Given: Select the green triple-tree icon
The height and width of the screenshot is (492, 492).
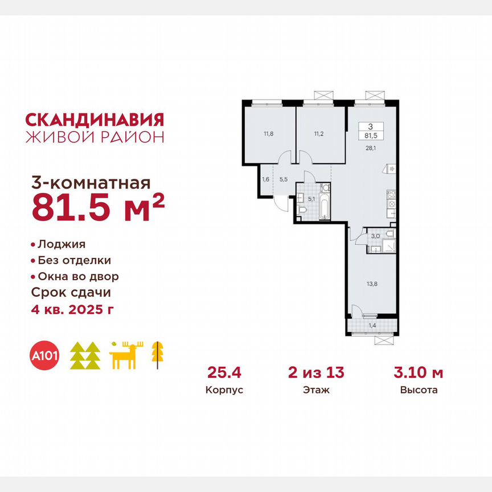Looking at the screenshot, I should click(x=85, y=356).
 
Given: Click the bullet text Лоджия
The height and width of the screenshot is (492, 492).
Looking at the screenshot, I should click(x=61, y=244).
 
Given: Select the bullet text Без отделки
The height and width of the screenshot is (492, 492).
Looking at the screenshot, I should click(x=74, y=260).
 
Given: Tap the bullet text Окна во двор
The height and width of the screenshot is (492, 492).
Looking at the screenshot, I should click(x=78, y=276).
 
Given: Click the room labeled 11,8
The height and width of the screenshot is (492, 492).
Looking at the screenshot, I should click(x=268, y=134).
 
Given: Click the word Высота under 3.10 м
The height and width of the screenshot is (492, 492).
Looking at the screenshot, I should click(x=419, y=391).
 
